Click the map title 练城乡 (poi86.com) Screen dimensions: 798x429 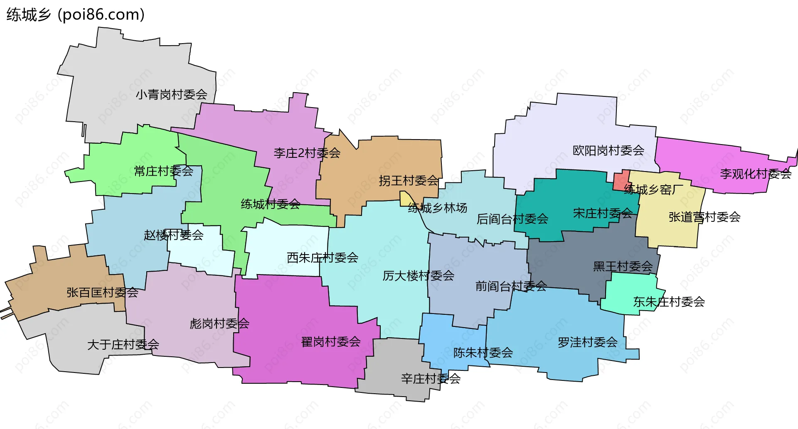tap(75, 15)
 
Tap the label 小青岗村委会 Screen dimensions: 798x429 tap(171, 95)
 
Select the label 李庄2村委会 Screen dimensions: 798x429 tap(307, 153)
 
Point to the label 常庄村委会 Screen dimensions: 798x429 tap(163, 171)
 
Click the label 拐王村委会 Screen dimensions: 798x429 tap(409, 181)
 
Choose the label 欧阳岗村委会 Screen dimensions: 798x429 tap(608, 150)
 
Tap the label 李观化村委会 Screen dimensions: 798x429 tap(755, 174)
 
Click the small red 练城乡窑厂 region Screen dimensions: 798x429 tap(621, 180)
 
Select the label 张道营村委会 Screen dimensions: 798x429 tap(704, 217)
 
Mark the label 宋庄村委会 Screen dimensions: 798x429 tap(602, 213)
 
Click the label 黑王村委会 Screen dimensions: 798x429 tap(623, 266)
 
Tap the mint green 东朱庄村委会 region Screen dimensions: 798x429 tap(628, 295)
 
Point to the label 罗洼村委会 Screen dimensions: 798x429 tap(587, 343)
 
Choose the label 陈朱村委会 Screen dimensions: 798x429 tap(483, 353)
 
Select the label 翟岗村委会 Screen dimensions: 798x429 tap(331, 342)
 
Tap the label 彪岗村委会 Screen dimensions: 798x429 tap(219, 324)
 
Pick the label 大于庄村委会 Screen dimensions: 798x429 tap(123, 345)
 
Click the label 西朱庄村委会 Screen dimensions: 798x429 tap(323, 258)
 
